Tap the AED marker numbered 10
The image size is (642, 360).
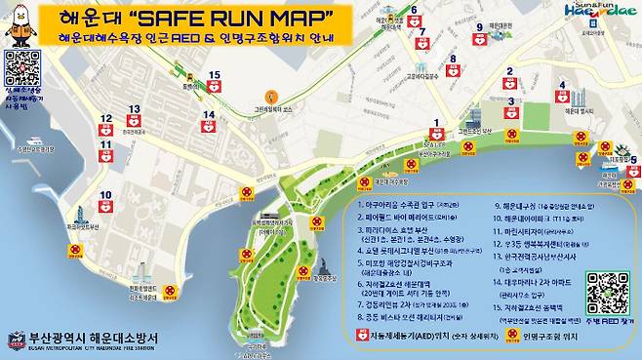click(105, 206)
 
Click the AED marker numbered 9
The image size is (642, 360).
click(478, 40)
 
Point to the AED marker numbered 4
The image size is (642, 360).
click(562, 97)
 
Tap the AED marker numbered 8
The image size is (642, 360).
click(453, 70)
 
